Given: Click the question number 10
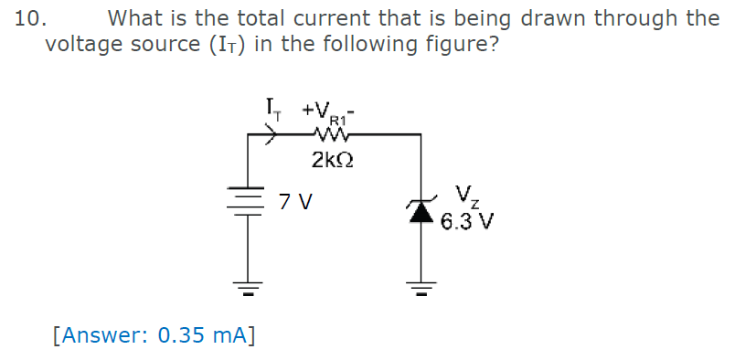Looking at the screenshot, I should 30,18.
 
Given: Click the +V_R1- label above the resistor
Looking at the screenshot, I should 333,112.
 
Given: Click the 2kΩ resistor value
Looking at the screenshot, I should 332,161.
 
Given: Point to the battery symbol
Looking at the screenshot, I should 247,200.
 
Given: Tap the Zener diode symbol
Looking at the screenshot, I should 421,211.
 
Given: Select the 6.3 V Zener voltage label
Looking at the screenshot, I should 467,221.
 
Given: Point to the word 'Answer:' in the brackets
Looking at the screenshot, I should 103,334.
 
